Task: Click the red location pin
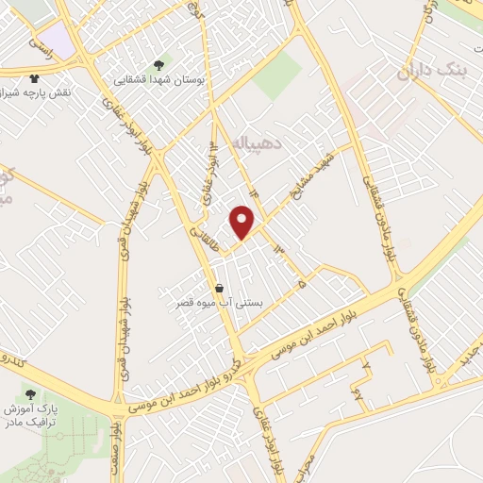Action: [242, 222]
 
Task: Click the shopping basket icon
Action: [220, 289]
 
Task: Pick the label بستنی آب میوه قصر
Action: [220, 304]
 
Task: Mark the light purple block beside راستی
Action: [58, 40]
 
